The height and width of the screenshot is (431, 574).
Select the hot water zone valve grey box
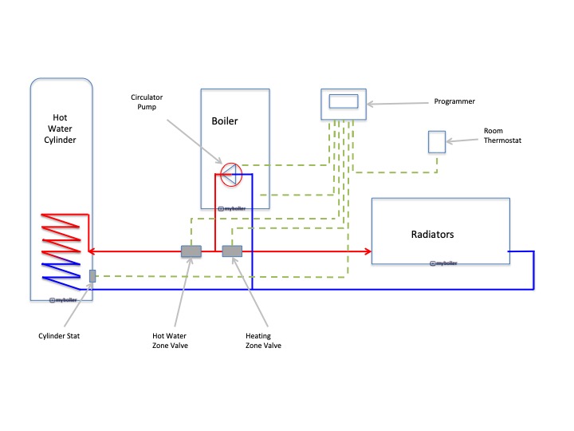pos(191,251)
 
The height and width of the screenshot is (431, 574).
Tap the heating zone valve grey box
pos(232,251)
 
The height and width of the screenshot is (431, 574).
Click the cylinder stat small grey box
pos(92,275)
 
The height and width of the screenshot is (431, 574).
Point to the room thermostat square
pos(437,141)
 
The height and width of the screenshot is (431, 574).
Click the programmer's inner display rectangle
pos(343,102)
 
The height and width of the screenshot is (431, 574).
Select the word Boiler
pos(225,121)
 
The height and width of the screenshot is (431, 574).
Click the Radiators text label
pos(432,235)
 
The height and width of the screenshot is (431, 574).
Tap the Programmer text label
pos(454,101)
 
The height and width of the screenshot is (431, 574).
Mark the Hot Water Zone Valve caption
pos(169,341)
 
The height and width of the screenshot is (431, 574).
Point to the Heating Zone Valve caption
pos(263,341)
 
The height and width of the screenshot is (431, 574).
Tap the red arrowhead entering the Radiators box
pos(368,251)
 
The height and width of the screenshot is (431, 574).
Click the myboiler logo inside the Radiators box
pos(443,263)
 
